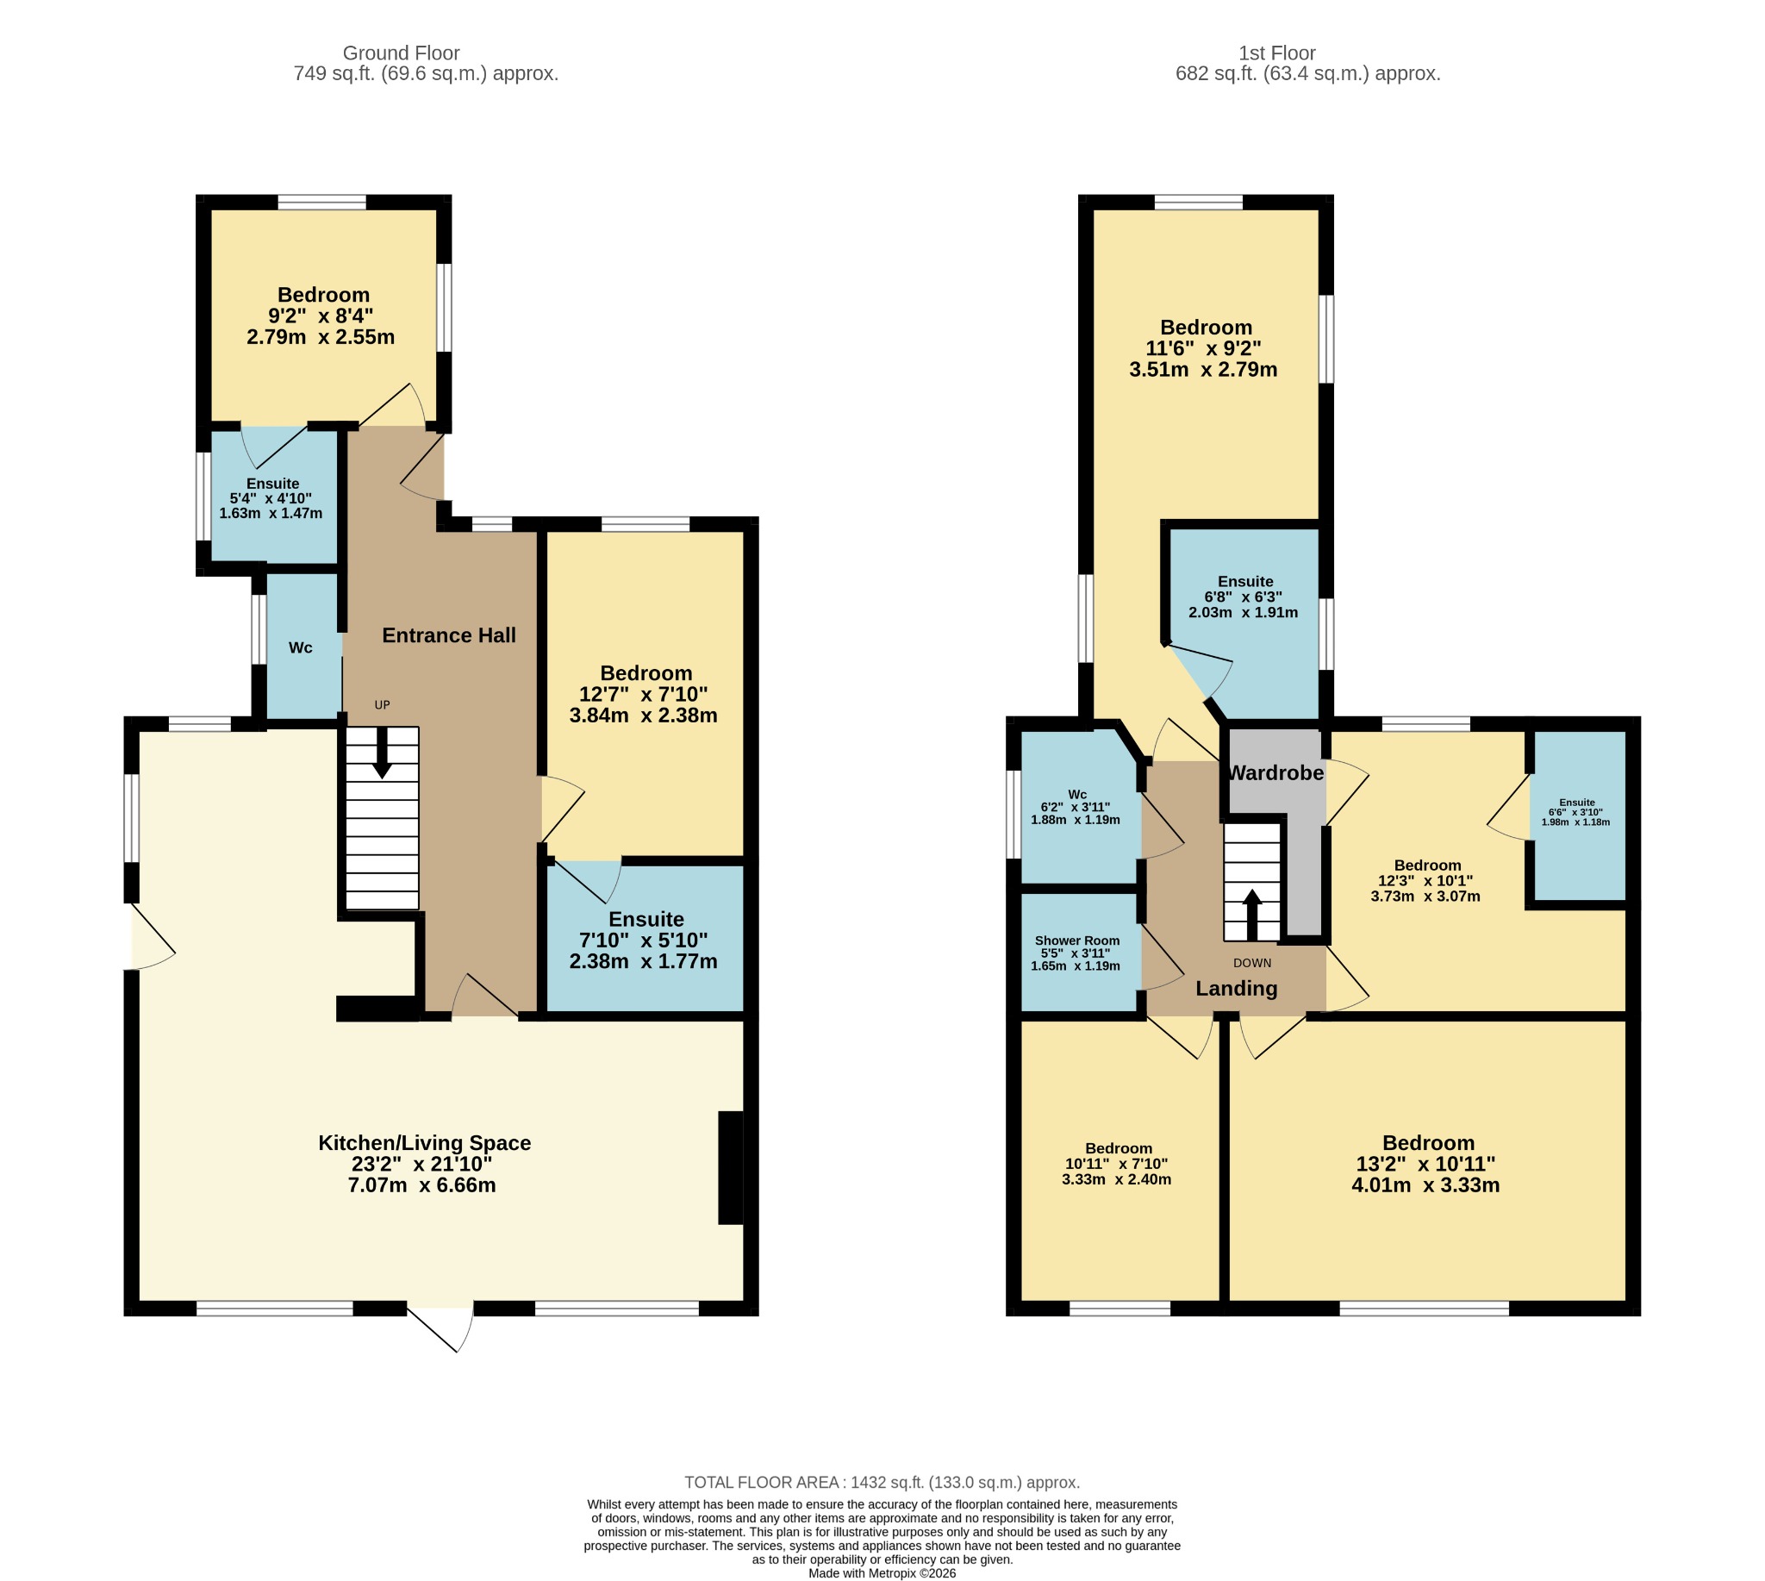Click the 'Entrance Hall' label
tap(449, 635)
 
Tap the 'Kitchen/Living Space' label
tap(424, 1143)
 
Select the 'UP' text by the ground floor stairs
tap(382, 705)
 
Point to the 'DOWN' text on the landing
tap(1251, 964)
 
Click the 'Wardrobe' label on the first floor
tap(1275, 772)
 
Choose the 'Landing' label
tap(1236, 989)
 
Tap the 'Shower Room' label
tap(1077, 940)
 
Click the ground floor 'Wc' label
tap(301, 648)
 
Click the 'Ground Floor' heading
tap(402, 53)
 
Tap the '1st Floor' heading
tap(1277, 53)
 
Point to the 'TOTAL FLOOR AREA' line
tap(882, 1483)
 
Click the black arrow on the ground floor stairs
tap(381, 753)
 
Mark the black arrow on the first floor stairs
tap(1251, 915)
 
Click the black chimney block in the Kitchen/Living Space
tap(731, 1167)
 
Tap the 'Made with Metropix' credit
tap(882, 1573)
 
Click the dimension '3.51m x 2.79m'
tap(1203, 370)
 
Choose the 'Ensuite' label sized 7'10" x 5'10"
tap(646, 919)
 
